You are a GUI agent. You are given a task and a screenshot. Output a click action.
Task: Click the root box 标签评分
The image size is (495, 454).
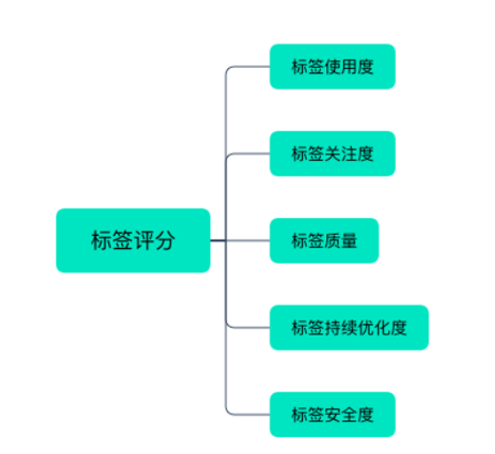coord(133,240)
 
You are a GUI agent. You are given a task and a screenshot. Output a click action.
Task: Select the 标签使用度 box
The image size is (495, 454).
coord(332,66)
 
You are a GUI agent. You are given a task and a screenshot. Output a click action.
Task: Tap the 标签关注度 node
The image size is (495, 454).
coord(332,154)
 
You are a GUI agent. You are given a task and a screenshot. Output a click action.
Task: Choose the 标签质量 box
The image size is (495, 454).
coord(324,240)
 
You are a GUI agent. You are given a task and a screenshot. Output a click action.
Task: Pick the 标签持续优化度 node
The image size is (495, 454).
coord(349,328)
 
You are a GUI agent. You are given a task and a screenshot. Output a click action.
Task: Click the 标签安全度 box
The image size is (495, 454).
coord(332,414)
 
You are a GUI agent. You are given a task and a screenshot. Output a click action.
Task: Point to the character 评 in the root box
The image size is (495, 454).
coord(143,240)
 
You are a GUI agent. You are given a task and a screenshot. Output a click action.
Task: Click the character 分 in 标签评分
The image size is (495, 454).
coord(164,240)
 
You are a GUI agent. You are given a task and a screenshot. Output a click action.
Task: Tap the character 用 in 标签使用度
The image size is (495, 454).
coord(349,66)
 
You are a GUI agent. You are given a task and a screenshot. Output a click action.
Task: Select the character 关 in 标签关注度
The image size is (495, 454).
coord(332,154)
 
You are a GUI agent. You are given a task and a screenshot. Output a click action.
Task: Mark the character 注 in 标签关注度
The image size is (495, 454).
coord(349,154)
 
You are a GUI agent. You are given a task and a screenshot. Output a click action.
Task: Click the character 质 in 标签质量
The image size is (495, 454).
coord(332,240)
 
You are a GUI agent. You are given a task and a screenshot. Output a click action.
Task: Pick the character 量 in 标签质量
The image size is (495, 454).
coord(349,240)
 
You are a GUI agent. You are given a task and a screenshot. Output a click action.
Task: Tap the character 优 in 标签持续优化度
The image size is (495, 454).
coord(366,328)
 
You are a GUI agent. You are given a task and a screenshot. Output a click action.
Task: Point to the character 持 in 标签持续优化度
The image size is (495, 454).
coord(332,328)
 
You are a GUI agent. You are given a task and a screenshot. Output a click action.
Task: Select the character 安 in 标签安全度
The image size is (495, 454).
coord(332,414)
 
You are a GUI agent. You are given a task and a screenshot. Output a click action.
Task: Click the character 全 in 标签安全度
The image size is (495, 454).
coord(349,414)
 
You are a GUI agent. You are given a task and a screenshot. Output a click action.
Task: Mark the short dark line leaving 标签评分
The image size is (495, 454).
coord(218,241)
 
